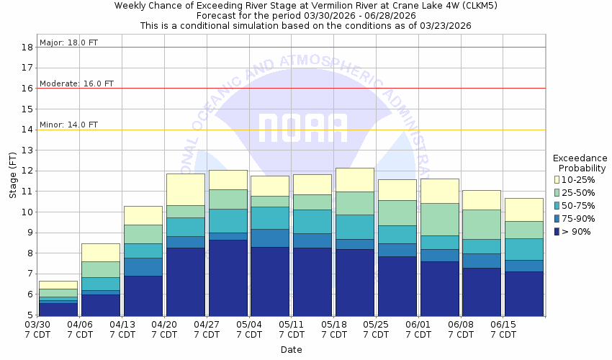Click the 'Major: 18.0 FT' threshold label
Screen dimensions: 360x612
69,42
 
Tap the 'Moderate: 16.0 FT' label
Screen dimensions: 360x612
76,84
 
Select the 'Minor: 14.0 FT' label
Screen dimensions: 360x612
69,125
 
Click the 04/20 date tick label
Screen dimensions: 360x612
164,330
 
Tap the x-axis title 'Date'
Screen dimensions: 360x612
291,350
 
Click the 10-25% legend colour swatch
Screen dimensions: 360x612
558,179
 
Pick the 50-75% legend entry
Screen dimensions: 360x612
579,205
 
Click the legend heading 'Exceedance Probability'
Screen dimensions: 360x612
580,163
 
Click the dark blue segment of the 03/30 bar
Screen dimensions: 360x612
58,309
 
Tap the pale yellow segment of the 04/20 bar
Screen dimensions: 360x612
185,189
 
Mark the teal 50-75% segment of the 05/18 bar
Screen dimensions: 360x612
354,227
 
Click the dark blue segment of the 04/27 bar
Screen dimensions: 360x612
228,278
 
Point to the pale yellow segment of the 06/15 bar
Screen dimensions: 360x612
523,210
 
